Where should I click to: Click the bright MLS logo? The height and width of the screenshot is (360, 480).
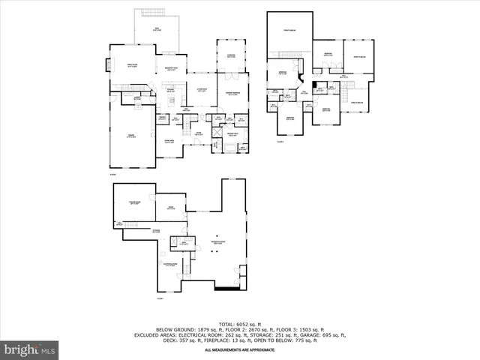30,349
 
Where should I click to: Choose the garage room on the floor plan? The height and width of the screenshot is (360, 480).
131,136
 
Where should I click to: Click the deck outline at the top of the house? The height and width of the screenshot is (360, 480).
157,30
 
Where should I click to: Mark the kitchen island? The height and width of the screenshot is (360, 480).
171,100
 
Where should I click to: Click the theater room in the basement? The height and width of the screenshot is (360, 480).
134,202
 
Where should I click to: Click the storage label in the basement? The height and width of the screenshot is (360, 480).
156,231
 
